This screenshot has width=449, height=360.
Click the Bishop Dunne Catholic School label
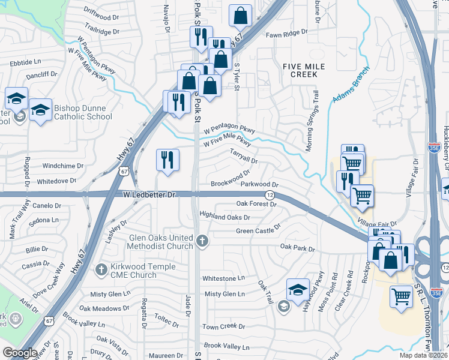[x=83, y=113]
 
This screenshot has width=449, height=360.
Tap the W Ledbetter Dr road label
[x=148, y=195]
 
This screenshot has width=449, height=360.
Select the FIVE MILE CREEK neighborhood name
[x=299, y=70]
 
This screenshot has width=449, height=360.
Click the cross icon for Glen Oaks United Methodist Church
[x=202, y=242]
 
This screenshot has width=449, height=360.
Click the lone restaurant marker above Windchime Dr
[x=167, y=160]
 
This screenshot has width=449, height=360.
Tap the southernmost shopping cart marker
[x=401, y=296]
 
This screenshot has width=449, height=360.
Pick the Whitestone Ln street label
[x=224, y=278]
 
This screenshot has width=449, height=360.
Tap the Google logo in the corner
[x=20, y=353]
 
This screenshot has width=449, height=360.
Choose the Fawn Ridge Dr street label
[x=287, y=34]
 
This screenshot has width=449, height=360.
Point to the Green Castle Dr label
[x=258, y=230]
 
